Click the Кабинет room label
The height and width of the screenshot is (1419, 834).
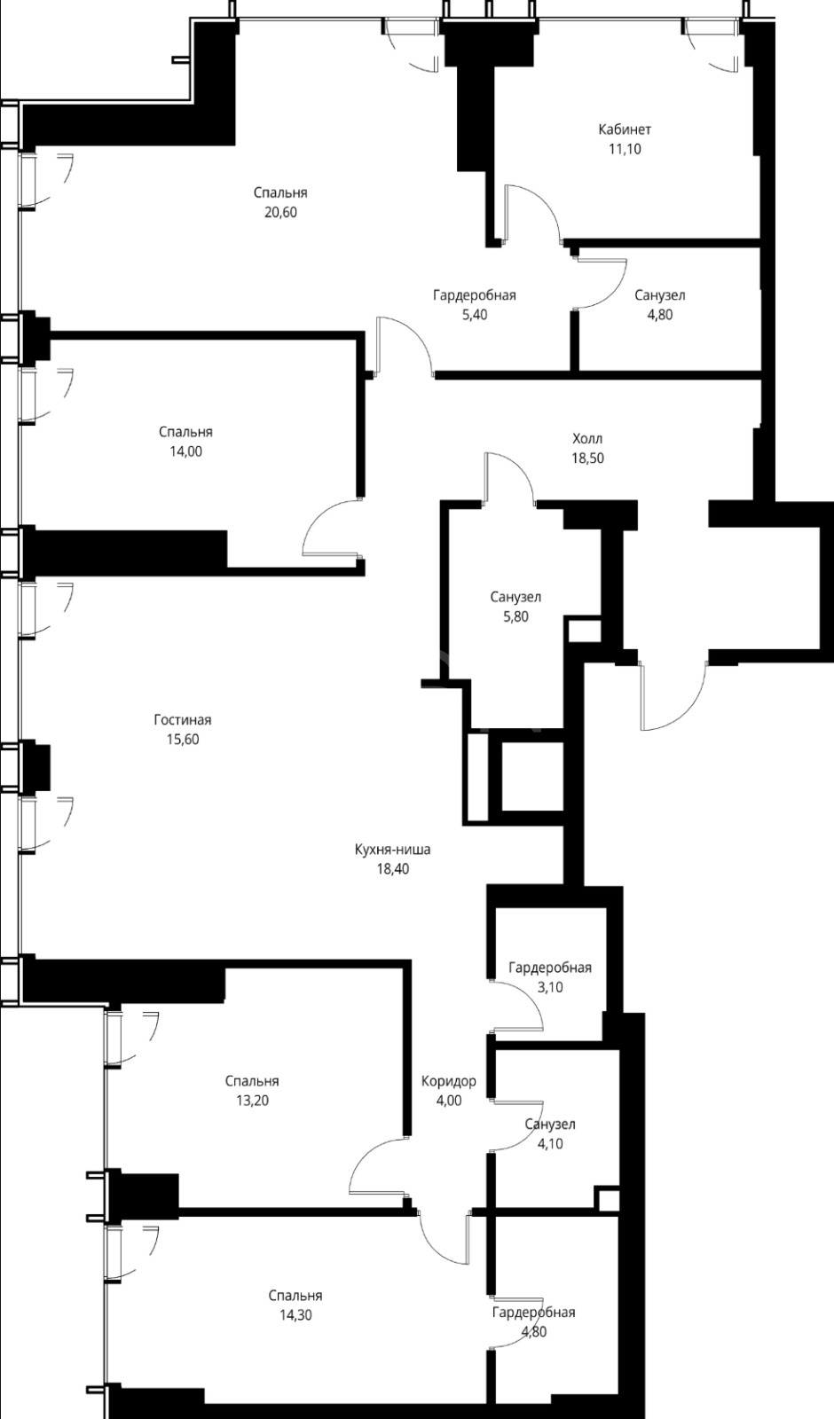coord(625,129)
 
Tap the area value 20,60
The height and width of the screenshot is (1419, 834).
coord(280,212)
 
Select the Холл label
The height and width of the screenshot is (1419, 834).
coord(587,438)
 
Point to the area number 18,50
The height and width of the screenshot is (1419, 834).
coord(587,458)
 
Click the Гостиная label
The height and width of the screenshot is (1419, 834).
coord(183,719)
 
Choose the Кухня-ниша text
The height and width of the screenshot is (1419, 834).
coord(393,850)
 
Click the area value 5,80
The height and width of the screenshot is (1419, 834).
coord(515,616)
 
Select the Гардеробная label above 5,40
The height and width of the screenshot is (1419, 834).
coord(474,295)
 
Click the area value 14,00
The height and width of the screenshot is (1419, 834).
coord(186,451)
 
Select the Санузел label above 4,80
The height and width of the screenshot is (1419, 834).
coord(660,295)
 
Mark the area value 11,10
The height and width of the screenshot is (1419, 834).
coord(625,150)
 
